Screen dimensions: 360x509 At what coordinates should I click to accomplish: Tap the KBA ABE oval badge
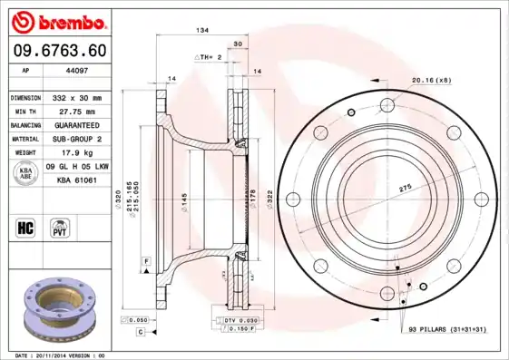(x=25, y=174)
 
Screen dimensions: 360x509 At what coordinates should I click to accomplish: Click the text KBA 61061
(x=77, y=180)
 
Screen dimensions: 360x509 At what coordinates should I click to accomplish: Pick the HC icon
(x=25, y=226)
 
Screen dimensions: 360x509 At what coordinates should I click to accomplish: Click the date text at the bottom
(x=61, y=355)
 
